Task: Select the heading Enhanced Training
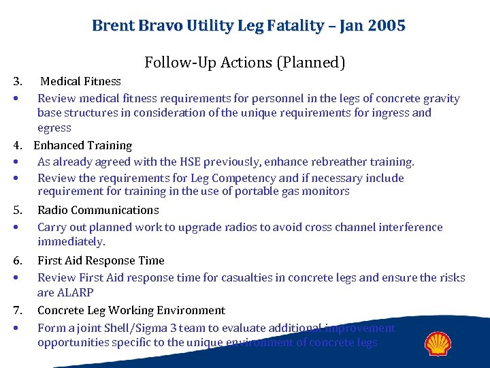(x=82, y=145)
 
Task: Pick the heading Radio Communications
(x=98, y=210)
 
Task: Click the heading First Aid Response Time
(x=101, y=260)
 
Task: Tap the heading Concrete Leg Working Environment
(x=131, y=310)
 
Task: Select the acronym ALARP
(x=75, y=292)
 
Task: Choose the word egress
(x=54, y=128)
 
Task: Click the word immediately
(x=71, y=242)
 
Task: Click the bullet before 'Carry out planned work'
(x=16, y=228)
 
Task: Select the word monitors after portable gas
(x=325, y=191)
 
